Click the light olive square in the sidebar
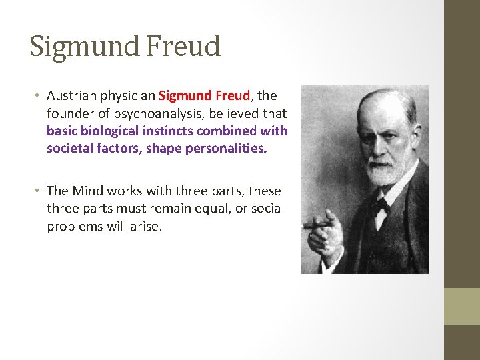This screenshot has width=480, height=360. (x=462, y=306)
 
